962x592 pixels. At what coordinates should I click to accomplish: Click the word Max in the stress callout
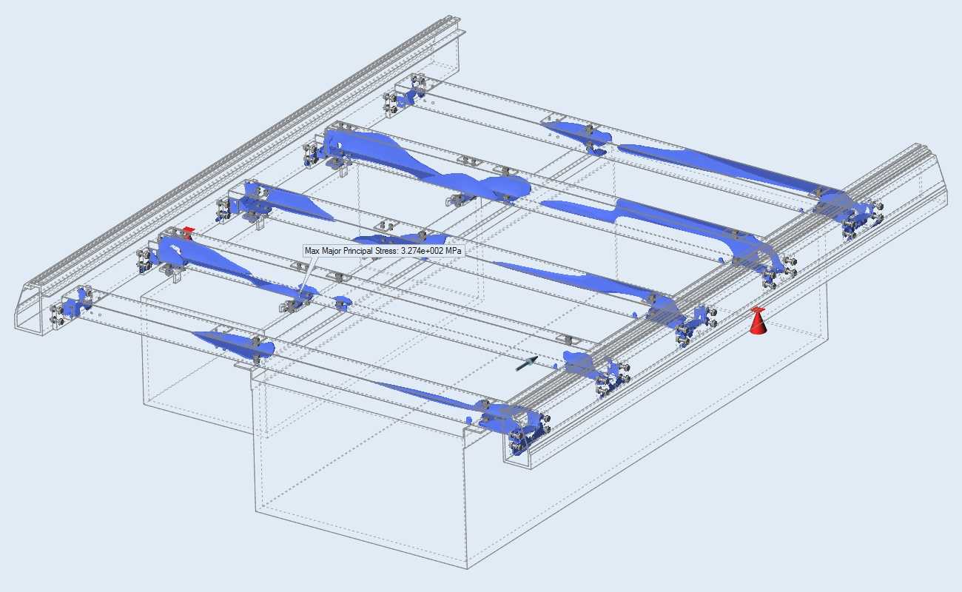tap(311, 251)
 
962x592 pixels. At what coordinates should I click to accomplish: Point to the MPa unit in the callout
tap(454, 251)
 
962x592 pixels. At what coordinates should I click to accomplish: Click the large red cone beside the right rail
tap(758, 320)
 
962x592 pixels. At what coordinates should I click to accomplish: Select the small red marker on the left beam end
tap(187, 234)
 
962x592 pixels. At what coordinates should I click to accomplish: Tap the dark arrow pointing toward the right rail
tap(527, 363)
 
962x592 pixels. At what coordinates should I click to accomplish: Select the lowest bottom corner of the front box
tap(467, 569)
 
